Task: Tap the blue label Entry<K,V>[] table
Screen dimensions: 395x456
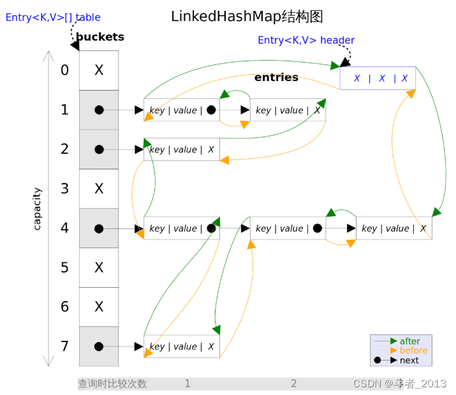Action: [53, 17]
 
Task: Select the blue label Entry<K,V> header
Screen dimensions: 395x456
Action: [305, 40]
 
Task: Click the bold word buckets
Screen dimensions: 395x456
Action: [100, 37]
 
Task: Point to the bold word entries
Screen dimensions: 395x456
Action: [276, 77]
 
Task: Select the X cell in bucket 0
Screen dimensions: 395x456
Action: [99, 70]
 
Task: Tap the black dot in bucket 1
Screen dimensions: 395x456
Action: [99, 110]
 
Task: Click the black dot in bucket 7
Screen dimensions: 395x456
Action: [99, 347]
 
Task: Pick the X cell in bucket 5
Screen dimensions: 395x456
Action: [99, 267]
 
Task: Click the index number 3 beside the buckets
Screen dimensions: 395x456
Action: [64, 189]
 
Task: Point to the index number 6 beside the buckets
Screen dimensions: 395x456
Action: [64, 307]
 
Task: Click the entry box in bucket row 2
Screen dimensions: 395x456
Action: [182, 149]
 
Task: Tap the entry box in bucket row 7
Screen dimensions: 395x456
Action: [182, 347]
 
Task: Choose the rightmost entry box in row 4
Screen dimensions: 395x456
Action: [393, 228]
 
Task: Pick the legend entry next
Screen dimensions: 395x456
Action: [409, 360]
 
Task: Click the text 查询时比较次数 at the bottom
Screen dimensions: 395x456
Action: [112, 384]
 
